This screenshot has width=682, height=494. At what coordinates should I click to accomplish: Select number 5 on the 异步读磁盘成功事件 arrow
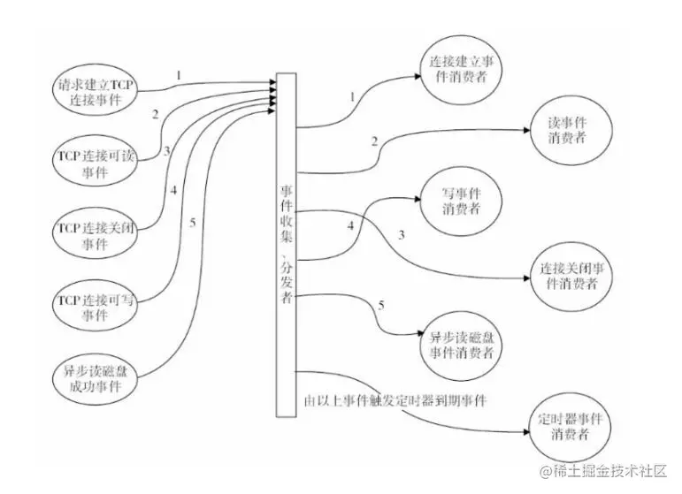point(192,222)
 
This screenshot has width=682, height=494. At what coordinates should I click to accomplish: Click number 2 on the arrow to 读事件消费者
point(374,141)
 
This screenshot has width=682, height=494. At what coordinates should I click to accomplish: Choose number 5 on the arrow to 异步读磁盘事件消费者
point(381,306)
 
